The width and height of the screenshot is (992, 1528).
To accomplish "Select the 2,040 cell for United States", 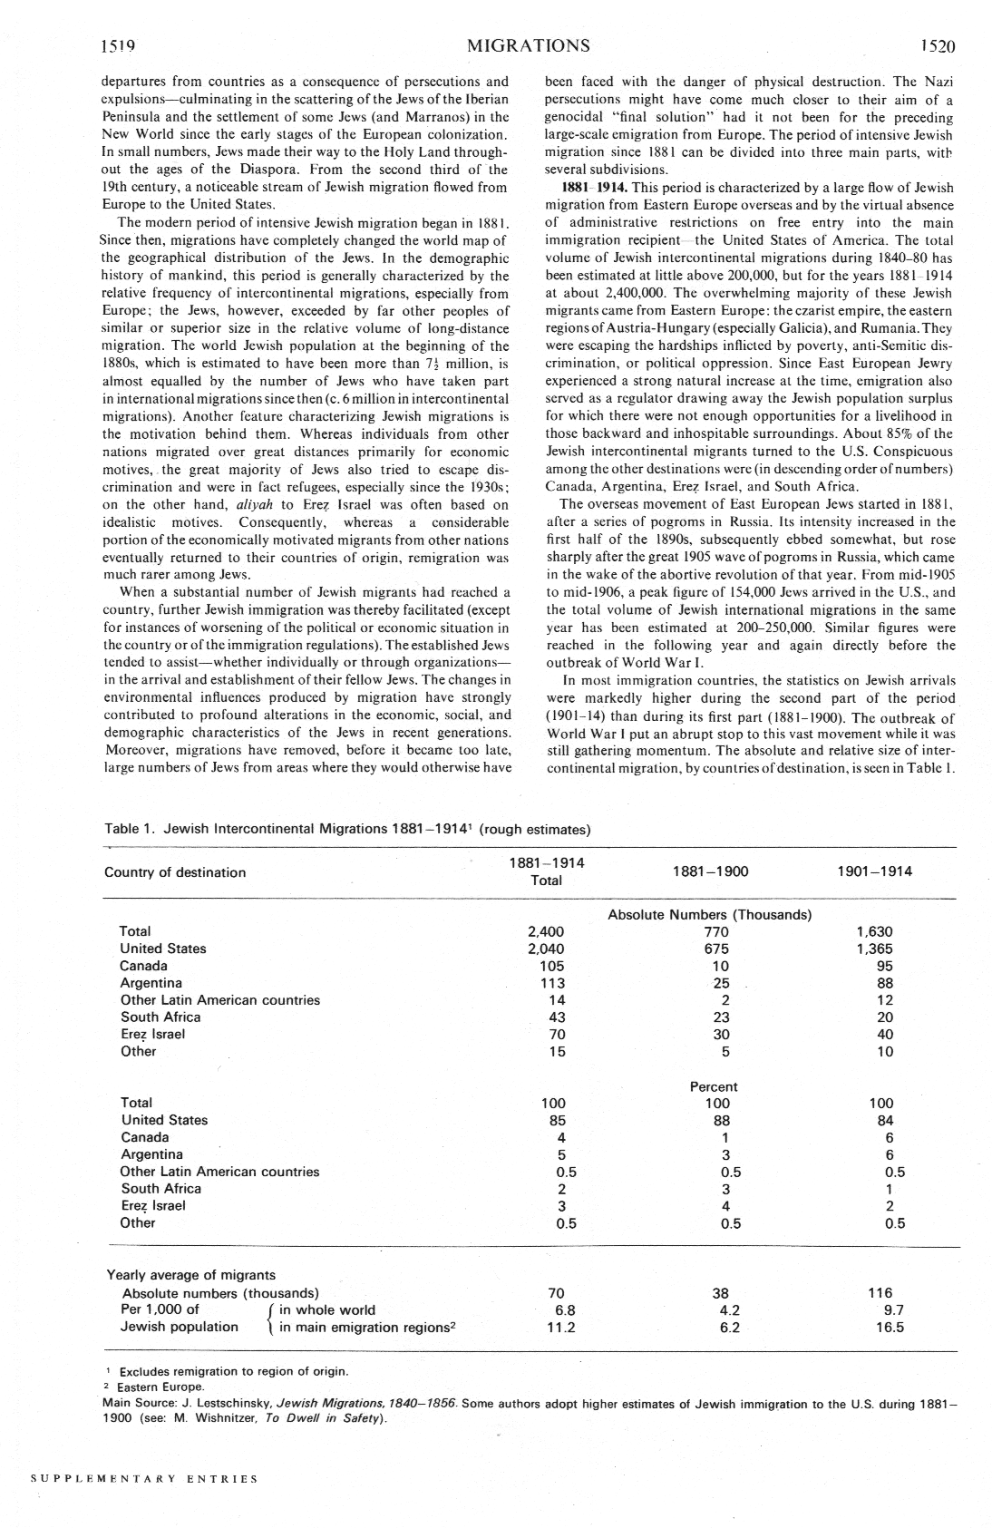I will (546, 949).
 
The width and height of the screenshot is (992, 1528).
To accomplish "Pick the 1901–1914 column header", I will (875, 871).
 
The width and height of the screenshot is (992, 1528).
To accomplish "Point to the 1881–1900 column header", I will (711, 871).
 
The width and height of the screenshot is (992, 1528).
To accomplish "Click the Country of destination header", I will (175, 872).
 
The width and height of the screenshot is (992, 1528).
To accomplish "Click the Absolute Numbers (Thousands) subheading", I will (709, 914).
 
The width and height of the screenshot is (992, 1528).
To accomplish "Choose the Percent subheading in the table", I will (714, 1086).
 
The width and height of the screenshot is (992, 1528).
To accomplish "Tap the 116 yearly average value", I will (880, 1292).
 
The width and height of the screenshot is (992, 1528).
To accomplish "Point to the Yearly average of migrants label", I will (191, 1275).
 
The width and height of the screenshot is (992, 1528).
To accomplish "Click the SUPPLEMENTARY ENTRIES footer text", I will (144, 1479).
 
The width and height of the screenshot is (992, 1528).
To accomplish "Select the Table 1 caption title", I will (347, 829).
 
